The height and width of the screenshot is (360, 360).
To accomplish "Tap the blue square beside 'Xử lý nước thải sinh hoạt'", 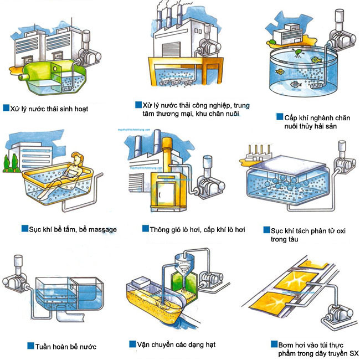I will (6, 109).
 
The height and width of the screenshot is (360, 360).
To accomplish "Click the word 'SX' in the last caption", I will (352, 353).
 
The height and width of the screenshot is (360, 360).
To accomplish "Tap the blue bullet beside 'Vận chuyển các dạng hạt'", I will (132, 344).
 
